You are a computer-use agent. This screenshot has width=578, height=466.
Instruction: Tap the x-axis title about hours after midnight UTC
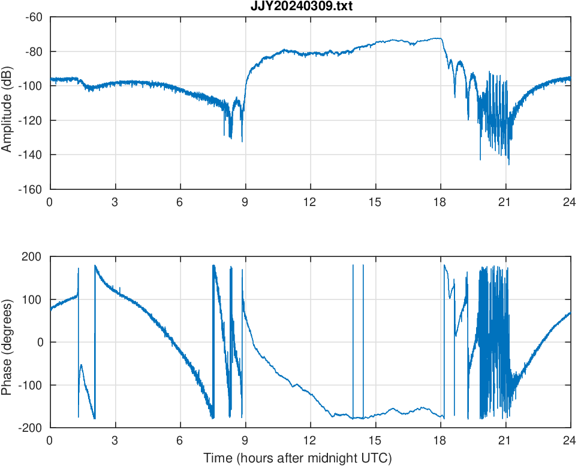(x=297, y=458)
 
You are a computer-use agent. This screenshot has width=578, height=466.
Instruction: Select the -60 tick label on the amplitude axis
(x=33, y=17)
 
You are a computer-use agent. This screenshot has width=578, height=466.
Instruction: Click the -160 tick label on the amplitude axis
(x=31, y=189)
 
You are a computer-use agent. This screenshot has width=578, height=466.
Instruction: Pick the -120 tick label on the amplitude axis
(x=31, y=120)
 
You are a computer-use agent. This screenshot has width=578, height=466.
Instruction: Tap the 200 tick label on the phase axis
(x=32, y=257)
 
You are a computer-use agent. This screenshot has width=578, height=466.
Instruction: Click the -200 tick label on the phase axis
(x=31, y=428)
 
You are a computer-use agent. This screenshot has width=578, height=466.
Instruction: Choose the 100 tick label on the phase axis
(x=32, y=299)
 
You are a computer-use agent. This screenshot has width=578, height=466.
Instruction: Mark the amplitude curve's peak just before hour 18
(x=439, y=38)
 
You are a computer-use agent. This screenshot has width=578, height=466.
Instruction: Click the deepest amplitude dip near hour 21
(x=509, y=164)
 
